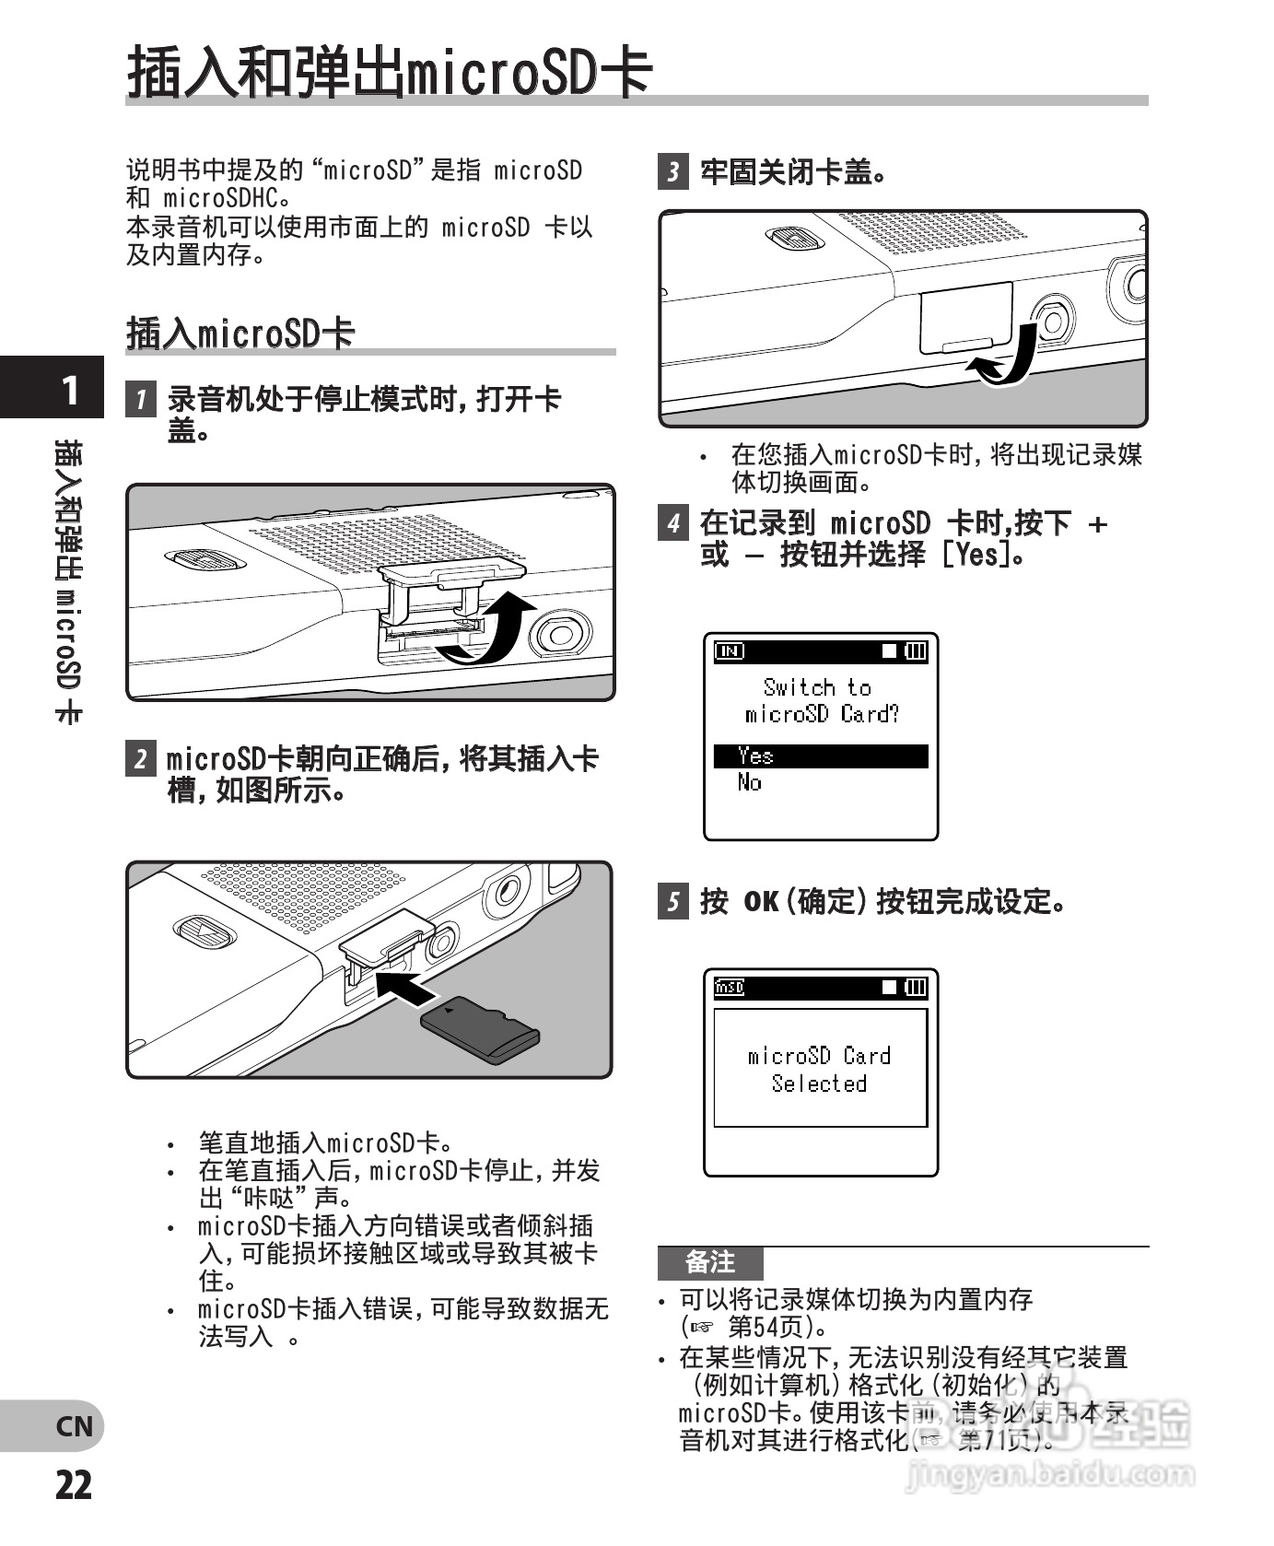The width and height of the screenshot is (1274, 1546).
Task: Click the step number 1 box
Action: (141, 399)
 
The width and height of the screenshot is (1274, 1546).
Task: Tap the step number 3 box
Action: (673, 171)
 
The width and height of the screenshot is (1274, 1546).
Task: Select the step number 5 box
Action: (673, 900)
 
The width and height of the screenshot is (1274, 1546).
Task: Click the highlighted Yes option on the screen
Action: (820, 756)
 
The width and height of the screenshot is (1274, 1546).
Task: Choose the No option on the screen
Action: (749, 783)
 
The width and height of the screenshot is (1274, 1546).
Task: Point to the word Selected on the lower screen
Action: (819, 1083)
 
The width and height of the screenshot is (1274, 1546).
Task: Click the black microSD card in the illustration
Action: (480, 1030)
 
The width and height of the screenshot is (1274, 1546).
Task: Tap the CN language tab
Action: (74, 1426)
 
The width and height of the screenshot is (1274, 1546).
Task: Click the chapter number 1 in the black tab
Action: (68, 390)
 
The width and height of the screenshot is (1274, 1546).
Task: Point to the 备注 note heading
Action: (710, 1261)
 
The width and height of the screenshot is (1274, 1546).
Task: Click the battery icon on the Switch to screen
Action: (916, 651)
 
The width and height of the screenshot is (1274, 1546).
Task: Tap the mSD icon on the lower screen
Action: (730, 988)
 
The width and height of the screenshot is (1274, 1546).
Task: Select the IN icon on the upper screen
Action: (730, 651)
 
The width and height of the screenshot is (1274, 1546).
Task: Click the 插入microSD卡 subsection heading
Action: (240, 333)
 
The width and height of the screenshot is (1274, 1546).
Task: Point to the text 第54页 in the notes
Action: (764, 1327)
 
